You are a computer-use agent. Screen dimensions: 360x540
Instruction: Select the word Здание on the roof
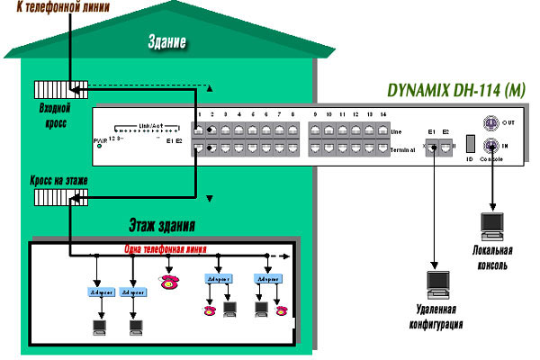click(x=167, y=41)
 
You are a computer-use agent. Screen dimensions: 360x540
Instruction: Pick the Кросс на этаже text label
click(x=54, y=180)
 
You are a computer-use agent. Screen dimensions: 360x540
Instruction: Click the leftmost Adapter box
click(x=99, y=293)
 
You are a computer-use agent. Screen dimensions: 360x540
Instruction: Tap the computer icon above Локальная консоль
click(x=491, y=225)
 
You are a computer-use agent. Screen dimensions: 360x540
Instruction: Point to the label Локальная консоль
click(x=491, y=257)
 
